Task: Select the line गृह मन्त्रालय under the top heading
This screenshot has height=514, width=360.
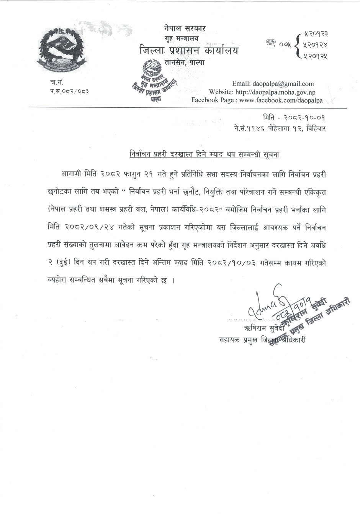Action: [x=182, y=39]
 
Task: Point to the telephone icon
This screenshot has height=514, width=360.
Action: [x=270, y=45]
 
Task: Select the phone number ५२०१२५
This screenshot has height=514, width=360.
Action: [x=315, y=56]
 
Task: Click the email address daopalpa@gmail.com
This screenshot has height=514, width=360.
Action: [x=283, y=84]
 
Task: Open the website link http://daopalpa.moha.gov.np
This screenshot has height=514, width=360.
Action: [x=283, y=92]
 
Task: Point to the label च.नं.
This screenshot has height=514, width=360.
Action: [x=57, y=82]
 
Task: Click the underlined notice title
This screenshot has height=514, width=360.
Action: [x=204, y=155]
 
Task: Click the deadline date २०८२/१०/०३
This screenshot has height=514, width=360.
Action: [x=232, y=263]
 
